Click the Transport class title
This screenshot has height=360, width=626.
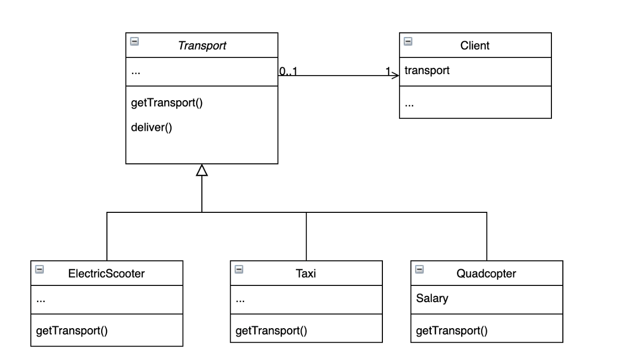(202, 45)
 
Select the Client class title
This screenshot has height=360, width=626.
(475, 45)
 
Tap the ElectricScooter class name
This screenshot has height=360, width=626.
(106, 273)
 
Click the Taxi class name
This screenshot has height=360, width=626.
(306, 273)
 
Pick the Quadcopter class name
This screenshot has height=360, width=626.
(487, 273)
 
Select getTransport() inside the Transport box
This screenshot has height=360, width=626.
(166, 103)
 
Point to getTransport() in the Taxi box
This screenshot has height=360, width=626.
(271, 330)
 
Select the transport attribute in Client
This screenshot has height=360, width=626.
(427, 70)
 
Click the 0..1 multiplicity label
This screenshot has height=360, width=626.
(288, 72)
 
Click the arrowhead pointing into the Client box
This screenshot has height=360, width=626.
(395, 76)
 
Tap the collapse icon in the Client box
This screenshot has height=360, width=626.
(408, 41)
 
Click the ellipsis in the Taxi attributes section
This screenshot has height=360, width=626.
(240, 300)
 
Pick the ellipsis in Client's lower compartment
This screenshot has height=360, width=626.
(409, 103)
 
